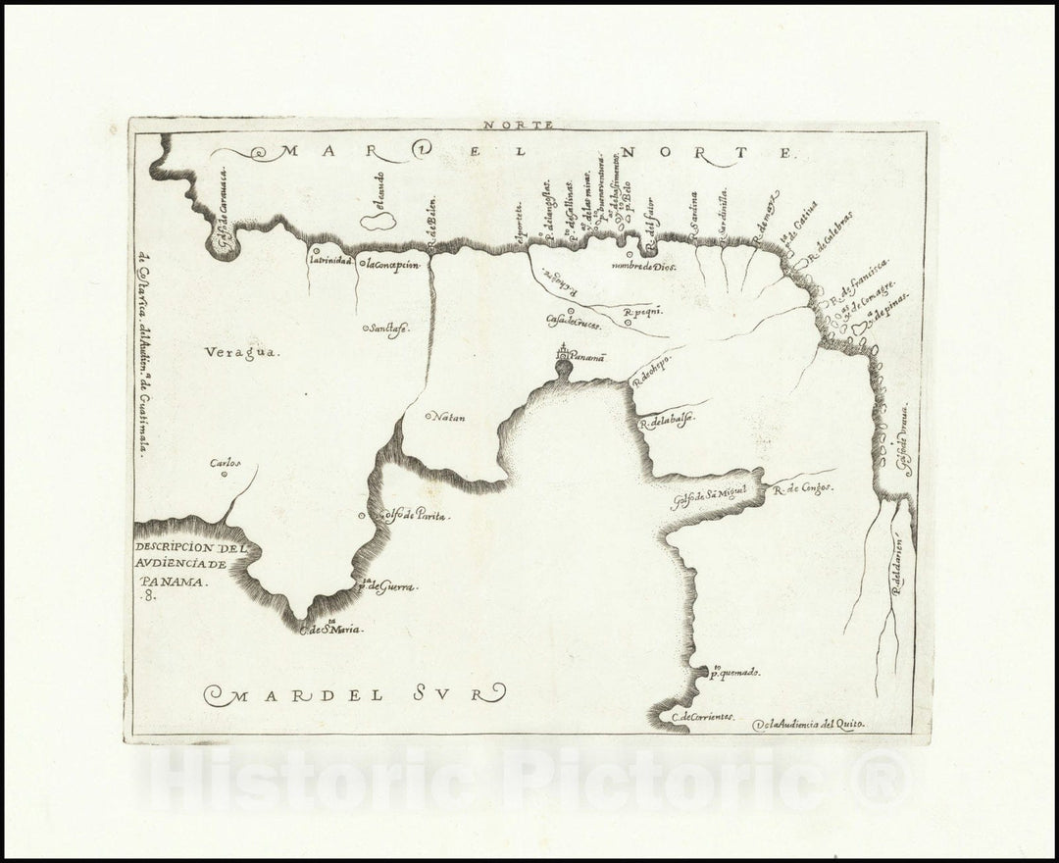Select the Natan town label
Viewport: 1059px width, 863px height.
coord(447,417)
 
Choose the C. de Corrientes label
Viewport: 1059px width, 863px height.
coord(702,718)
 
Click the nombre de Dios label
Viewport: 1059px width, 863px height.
coord(644,266)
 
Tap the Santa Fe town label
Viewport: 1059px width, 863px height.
coord(388,329)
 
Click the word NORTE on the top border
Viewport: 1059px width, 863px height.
coord(530,125)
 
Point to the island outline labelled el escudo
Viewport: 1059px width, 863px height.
coord(378,222)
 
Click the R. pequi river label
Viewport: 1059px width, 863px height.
coord(644,312)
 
